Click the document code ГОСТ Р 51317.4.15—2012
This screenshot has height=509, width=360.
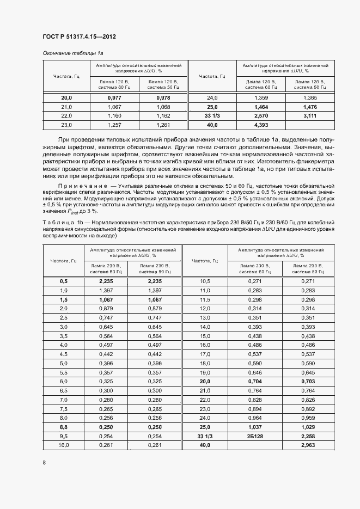(x=79, y=37)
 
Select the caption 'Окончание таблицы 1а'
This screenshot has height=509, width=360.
(x=72, y=53)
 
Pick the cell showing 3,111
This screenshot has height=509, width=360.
(x=309, y=116)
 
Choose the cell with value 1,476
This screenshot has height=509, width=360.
(x=309, y=107)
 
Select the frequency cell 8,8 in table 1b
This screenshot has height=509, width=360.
(x=63, y=427)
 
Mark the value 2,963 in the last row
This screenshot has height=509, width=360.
(x=308, y=446)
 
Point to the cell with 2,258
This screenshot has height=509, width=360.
(x=308, y=437)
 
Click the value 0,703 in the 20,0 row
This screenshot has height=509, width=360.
(x=308, y=381)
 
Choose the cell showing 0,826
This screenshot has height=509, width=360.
(x=308, y=400)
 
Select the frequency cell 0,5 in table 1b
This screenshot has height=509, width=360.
(x=63, y=281)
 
